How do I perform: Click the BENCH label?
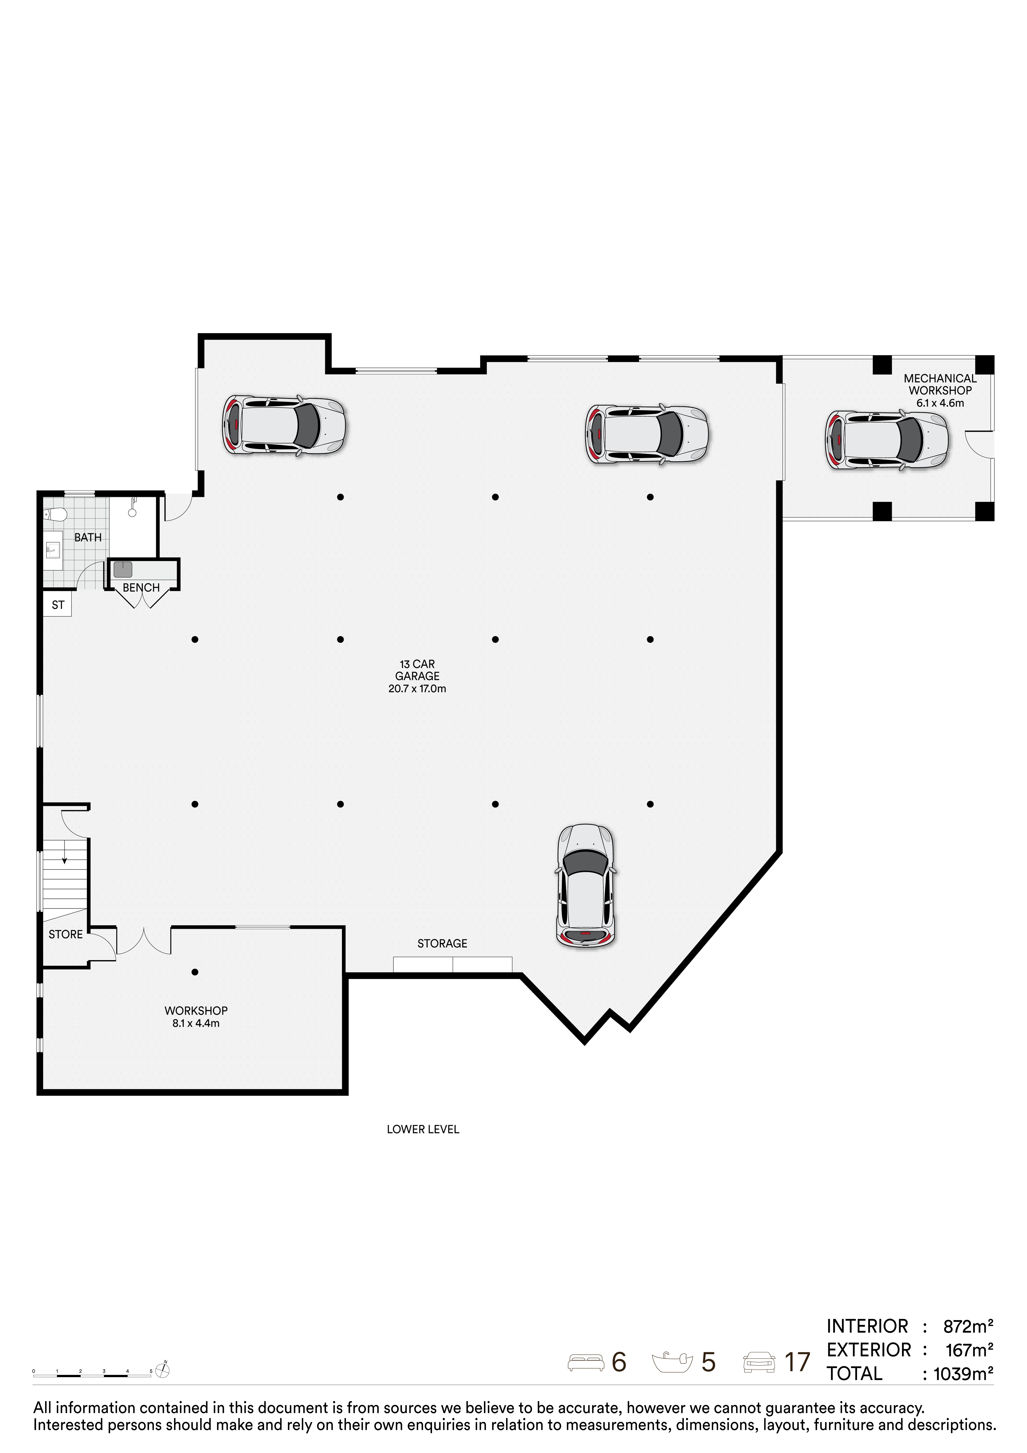(141, 588)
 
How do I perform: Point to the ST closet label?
(58, 605)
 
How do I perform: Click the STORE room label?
(66, 935)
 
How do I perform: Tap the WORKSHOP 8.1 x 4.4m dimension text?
(196, 1023)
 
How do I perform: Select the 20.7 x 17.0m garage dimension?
(417, 689)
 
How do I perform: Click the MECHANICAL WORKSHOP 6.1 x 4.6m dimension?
(940, 403)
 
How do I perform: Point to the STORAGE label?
(442, 944)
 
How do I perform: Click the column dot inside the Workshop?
(195, 972)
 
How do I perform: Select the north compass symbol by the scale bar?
(163, 1370)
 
